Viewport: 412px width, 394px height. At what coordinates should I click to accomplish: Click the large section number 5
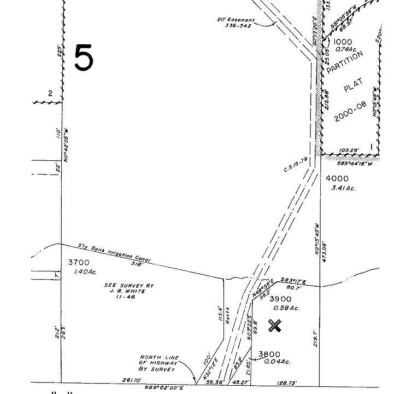point(83,57)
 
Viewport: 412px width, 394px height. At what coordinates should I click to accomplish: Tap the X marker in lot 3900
point(275,326)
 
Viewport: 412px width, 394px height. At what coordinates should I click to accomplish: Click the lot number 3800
point(270,354)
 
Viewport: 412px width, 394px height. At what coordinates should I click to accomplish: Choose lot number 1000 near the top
point(343,42)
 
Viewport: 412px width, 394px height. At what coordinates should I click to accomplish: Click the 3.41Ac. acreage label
point(343,188)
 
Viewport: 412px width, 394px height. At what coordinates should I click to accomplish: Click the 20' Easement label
point(236,20)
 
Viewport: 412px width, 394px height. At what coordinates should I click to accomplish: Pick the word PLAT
point(349,88)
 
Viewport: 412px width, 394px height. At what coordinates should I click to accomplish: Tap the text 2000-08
point(350,112)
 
